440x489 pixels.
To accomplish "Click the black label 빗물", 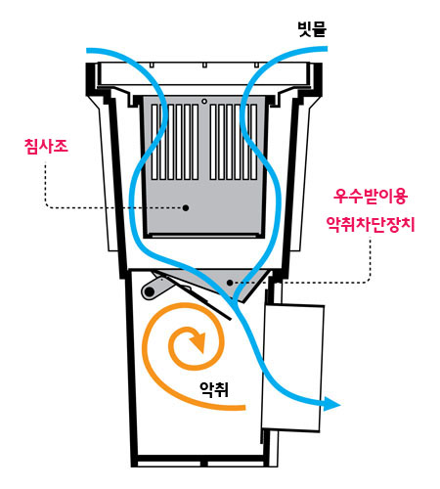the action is coord(312,29).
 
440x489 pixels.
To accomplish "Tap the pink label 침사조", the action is coord(46,147).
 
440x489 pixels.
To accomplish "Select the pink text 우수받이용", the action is coord(371,197).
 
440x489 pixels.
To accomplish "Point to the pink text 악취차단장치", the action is coord(371,224).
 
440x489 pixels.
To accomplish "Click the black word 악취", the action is coord(214,389).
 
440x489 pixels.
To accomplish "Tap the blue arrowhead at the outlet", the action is coord(331,404).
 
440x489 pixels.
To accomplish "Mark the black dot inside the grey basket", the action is coord(186,207).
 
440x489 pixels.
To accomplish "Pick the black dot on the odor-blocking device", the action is coord(230,283).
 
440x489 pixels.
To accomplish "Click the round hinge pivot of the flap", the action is coord(149,291).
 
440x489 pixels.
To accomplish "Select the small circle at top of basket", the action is coord(204,102).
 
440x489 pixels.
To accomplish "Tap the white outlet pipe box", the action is coord(293,368).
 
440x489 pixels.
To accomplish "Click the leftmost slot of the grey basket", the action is coord(154,142).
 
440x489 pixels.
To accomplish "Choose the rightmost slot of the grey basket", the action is coord(254,142).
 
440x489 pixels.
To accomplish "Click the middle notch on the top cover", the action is coord(204,65).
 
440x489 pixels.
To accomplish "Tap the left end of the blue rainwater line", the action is coord(88,51).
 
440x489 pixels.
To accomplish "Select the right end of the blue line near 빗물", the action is coord(326,49).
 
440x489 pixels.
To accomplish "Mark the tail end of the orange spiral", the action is coord(243,408).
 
